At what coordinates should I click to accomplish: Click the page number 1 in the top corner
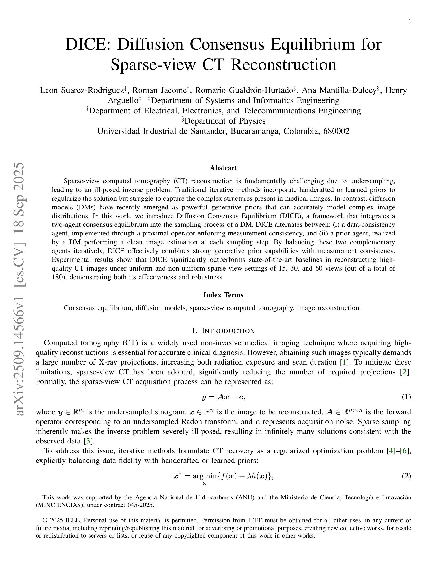[x=410, y=21]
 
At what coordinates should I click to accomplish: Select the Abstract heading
[x=223, y=168]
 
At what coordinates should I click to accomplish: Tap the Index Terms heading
[x=223, y=295]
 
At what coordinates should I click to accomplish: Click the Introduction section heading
[x=223, y=331]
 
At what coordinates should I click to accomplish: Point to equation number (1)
[x=406, y=397]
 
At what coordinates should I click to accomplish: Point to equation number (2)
[x=406, y=476]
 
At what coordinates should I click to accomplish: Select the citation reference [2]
[x=404, y=372]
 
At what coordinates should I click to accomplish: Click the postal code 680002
[x=336, y=131]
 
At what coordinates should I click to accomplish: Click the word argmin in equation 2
[x=204, y=476]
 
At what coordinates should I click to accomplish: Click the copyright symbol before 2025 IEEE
[x=45, y=520]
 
